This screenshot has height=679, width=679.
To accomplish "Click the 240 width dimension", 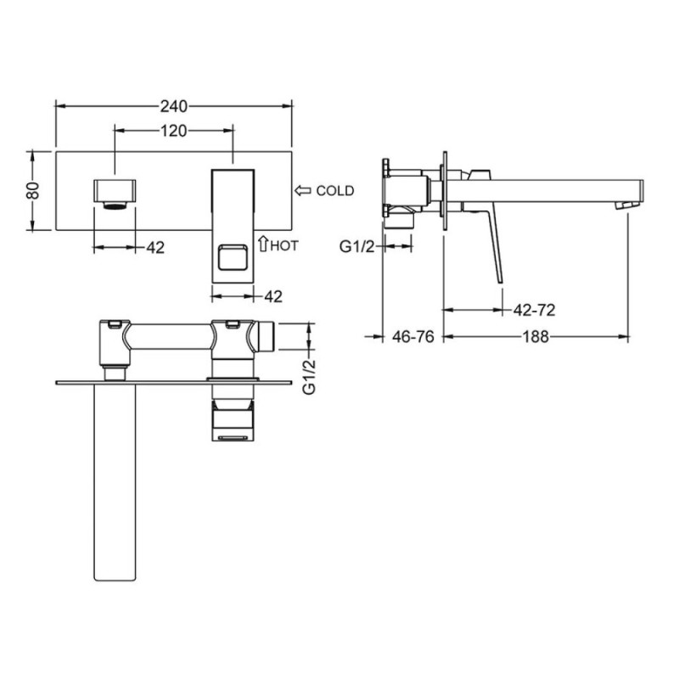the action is click(174, 106).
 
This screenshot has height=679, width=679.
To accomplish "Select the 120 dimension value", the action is click(174, 131).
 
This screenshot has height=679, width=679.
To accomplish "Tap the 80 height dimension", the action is click(33, 190).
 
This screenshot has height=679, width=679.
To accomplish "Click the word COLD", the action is click(335, 190).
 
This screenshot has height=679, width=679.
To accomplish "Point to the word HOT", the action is click(284, 246).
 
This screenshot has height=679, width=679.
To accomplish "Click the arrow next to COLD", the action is click(303, 190).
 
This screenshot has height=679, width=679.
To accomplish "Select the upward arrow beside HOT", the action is click(263, 244).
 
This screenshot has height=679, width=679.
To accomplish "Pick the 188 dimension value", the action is click(536, 336).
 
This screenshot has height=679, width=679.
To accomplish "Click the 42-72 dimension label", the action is click(534, 310).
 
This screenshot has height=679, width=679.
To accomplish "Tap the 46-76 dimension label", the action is click(412, 336).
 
